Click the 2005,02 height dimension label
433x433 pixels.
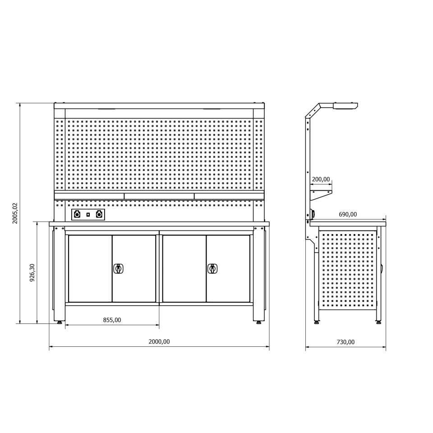click(15, 213)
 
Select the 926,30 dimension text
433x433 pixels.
click(32, 272)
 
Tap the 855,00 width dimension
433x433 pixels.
click(112, 320)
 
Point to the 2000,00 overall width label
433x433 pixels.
click(159, 341)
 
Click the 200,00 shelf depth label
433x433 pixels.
click(321, 179)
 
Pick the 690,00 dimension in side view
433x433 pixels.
click(348, 214)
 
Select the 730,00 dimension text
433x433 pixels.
click(345, 342)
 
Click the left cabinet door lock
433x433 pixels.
click(119, 269)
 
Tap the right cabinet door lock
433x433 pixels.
click(212, 269)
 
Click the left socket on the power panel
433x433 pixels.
click(77, 215)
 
